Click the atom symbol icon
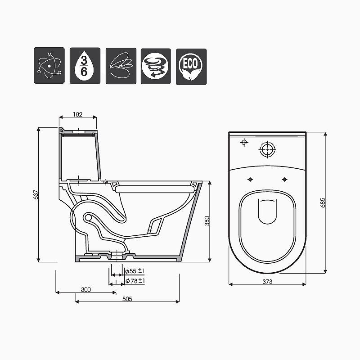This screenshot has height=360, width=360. point(49,66)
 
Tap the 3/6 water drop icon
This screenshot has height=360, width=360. point(85,66)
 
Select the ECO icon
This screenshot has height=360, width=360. point(191,66)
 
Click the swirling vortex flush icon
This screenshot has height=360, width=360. point(156,66)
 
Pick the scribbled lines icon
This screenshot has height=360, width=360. point(121,66)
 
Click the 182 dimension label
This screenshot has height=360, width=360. point(77,114)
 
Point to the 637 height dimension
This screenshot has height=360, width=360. point(36,194)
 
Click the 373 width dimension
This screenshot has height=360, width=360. point(267,282)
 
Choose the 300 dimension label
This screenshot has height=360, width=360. point(86,289)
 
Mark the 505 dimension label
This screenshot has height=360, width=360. point(127,298)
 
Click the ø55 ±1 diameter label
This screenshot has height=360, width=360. point(135,271)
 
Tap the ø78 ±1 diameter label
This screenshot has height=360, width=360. point(135,281)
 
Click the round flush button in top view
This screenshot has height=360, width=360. point(267,149)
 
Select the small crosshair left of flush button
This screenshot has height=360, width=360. point(244,143)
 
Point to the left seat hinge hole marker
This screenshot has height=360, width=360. point(250,179)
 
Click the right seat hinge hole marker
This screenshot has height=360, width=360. point(284,179)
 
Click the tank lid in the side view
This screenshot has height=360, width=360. point(79,131)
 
